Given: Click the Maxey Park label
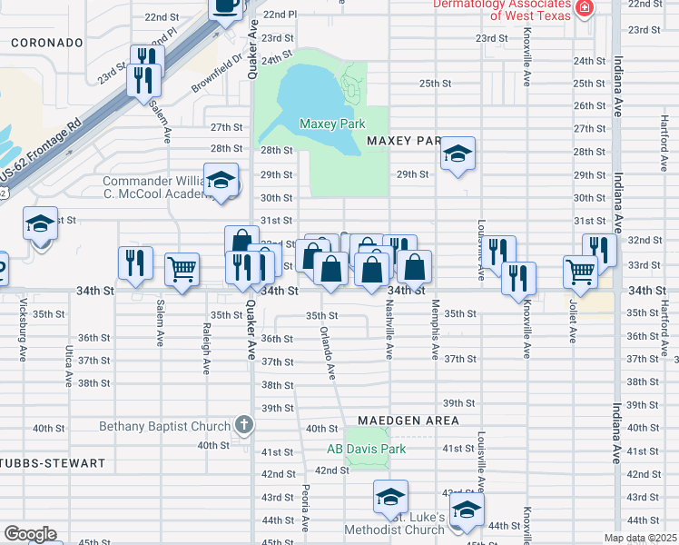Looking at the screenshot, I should click(331, 124).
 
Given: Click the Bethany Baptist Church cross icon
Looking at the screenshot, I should click(242, 424).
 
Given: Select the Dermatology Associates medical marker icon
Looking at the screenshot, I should click(586, 9).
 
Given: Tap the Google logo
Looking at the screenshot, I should click(30, 534).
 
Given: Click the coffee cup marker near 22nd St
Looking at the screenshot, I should click(225, 6).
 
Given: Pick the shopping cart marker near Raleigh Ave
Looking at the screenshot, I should click(182, 268).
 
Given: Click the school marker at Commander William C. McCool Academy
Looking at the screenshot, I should click(221, 179).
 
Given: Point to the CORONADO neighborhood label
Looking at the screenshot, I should click(47, 43).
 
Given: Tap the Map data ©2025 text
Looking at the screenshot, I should click(641, 538).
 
